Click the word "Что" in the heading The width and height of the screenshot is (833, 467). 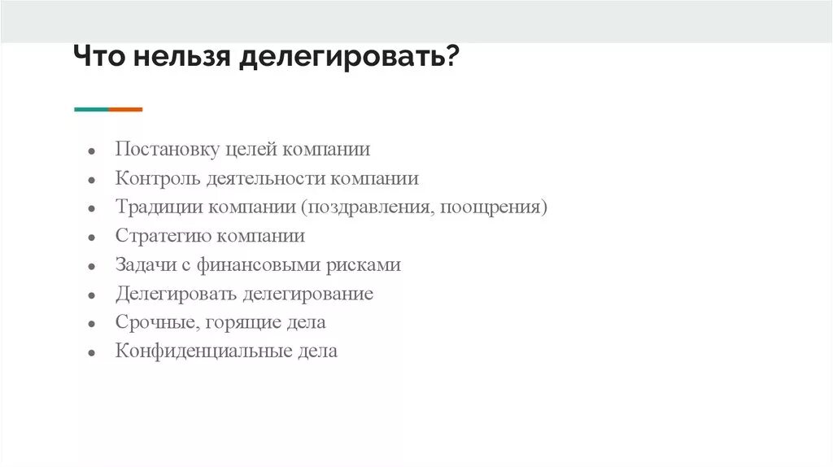coord(100,59)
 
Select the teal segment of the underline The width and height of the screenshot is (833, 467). coord(91,109)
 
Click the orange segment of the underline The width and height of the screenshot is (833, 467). coord(125,109)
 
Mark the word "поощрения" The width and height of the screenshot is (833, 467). coord(491,207)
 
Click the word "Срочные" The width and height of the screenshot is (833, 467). coord(153,322)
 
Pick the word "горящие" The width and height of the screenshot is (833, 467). coord(238,323)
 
